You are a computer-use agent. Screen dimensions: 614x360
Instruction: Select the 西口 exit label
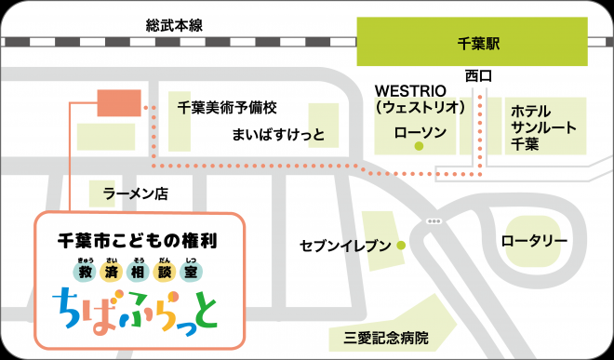477,75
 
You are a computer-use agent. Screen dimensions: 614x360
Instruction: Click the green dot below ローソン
419,147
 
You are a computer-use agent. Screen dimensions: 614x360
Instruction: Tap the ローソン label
421,133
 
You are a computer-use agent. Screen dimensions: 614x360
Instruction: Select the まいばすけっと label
279,135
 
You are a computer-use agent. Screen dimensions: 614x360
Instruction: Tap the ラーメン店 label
135,194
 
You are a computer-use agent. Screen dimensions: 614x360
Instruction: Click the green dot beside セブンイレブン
400,246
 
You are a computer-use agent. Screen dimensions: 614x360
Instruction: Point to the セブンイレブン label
344,246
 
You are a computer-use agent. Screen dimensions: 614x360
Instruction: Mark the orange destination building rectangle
118,103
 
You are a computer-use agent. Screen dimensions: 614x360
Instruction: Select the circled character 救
85,272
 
